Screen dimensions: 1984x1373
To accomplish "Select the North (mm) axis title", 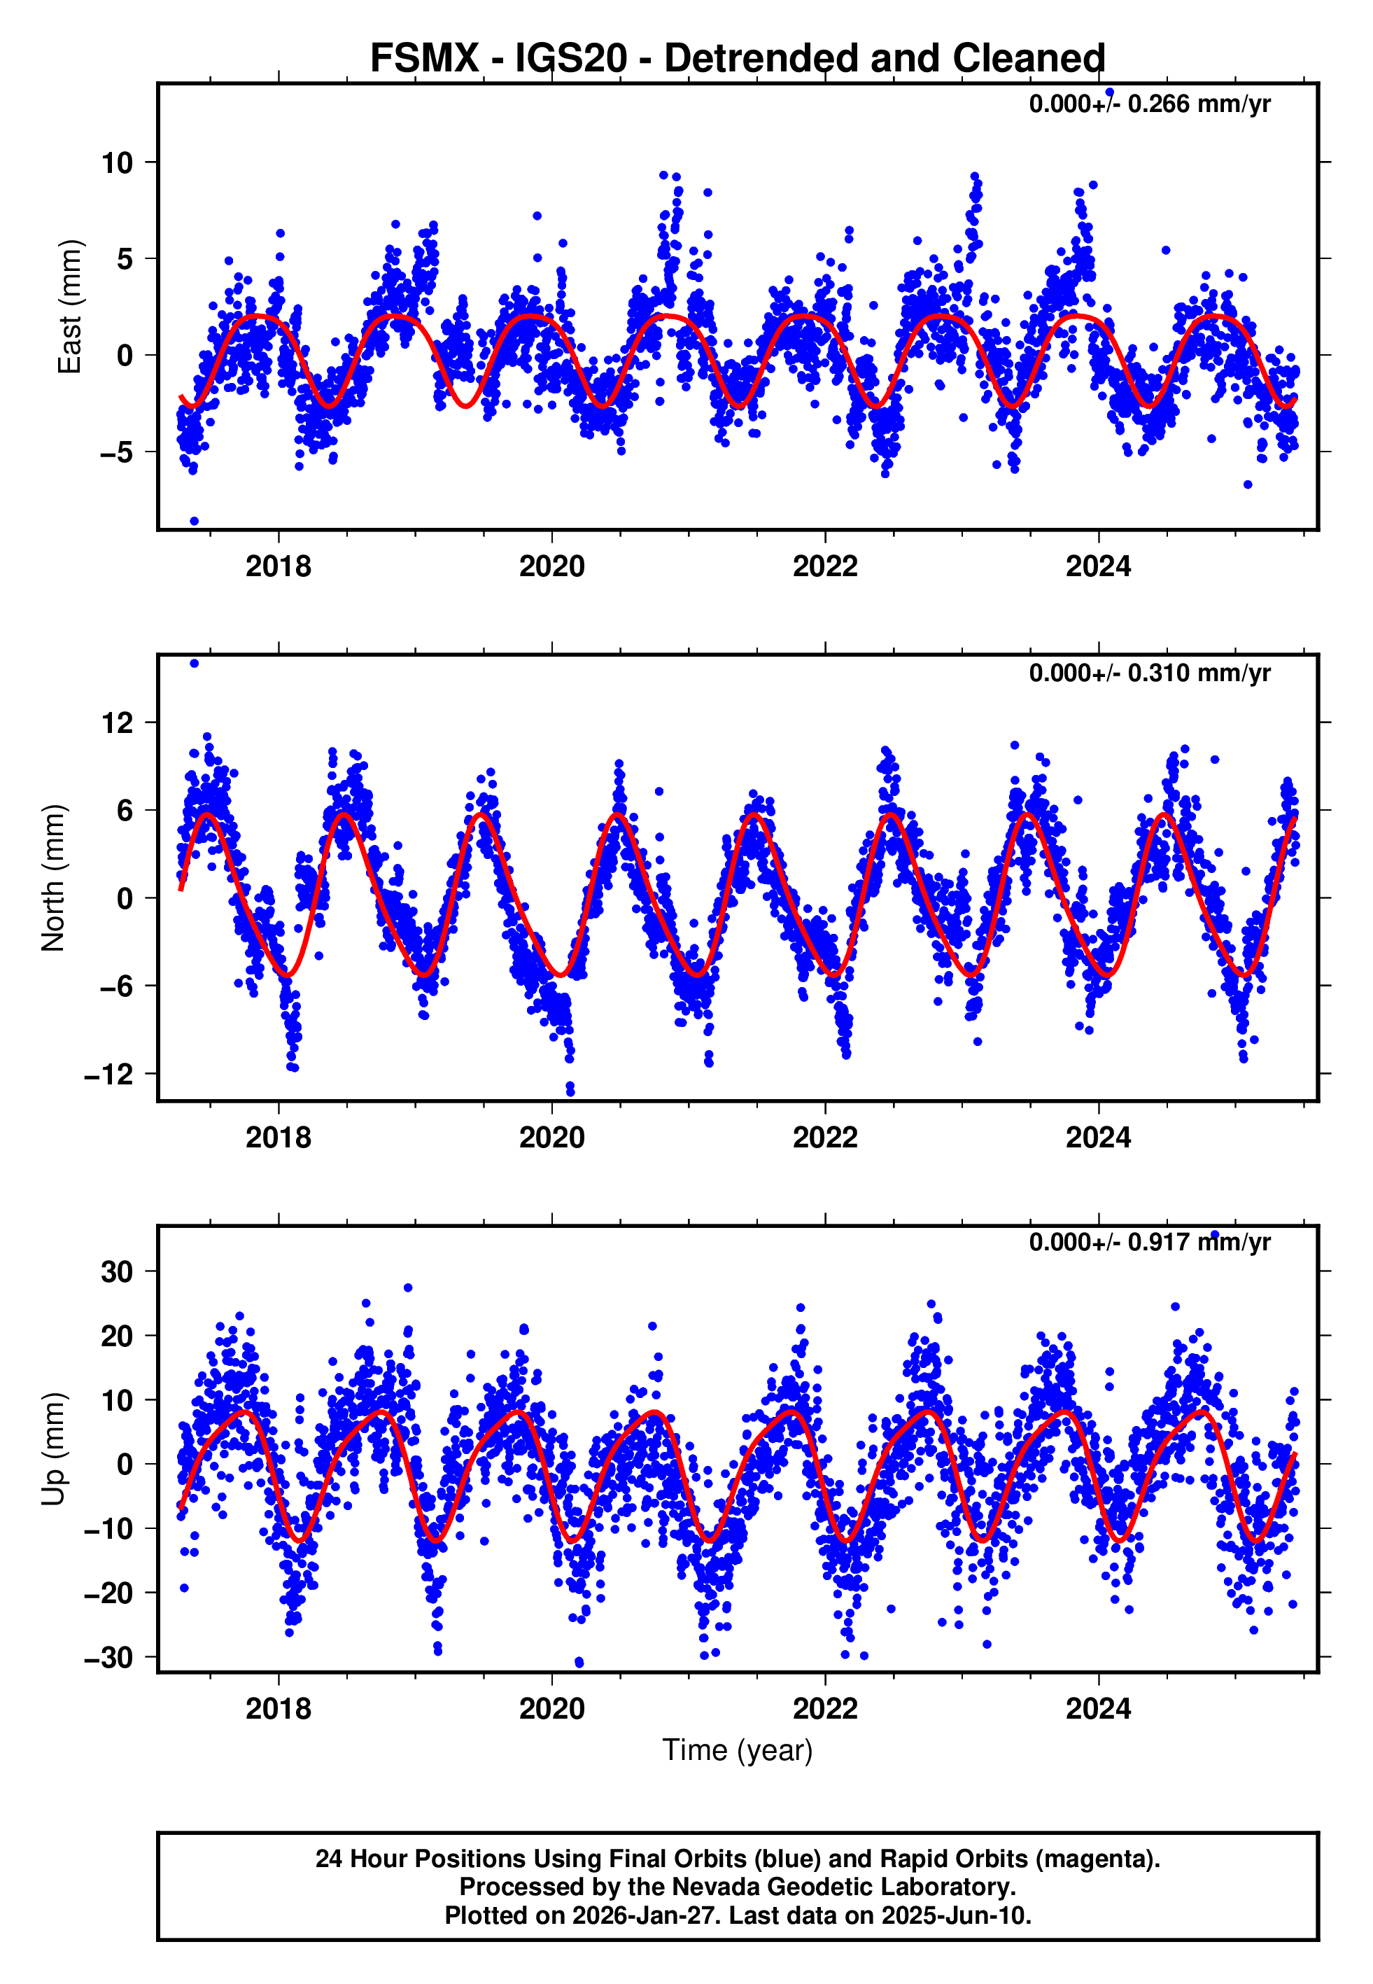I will (x=53, y=878).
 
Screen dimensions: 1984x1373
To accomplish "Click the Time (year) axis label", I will (x=738, y=1750).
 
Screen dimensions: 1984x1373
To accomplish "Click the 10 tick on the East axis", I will (x=117, y=162).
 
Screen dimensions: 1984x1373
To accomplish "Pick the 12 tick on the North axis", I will (x=117, y=722).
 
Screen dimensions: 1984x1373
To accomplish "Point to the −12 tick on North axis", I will (x=108, y=1075).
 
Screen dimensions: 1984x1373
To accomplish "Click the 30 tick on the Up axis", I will (x=117, y=1271).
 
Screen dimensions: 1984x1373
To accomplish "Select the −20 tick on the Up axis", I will (x=108, y=1593).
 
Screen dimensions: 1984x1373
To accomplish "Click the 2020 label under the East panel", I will (x=551, y=567).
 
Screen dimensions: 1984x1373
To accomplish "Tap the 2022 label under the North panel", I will (x=825, y=1138).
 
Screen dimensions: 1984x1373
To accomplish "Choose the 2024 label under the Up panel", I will (x=1099, y=1709).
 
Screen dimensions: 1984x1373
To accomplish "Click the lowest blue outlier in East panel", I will (x=195, y=522).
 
